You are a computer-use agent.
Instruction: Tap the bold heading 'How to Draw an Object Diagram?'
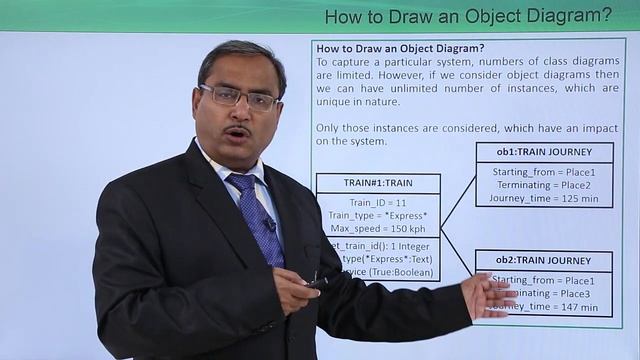[400, 48]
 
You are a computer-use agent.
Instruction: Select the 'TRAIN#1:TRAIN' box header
[377, 183]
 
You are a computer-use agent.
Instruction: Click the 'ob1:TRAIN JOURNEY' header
[544, 152]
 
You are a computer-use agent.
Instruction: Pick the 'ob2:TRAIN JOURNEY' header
[544, 261]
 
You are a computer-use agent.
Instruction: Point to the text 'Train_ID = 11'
[377, 201]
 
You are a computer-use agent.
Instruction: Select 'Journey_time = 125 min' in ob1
[544, 198]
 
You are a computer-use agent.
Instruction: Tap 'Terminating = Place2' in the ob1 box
[544, 184]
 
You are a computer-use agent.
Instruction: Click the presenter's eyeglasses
[240, 97]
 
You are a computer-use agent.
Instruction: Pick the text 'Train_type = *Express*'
[377, 215]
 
